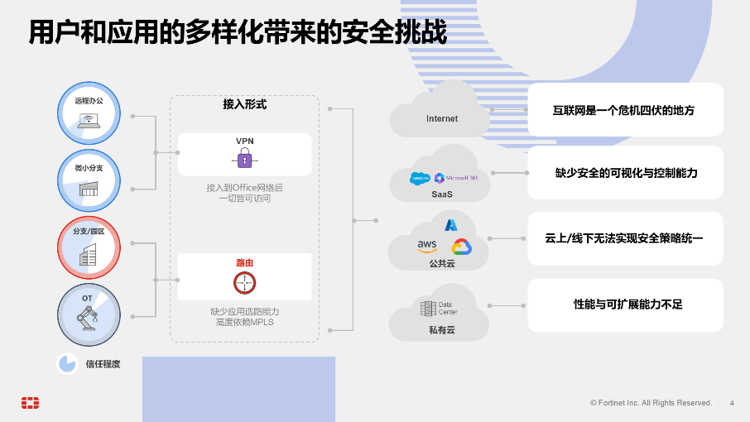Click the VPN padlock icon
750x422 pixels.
[244, 159]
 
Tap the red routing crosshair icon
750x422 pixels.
[244, 282]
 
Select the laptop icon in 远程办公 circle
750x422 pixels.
[89, 121]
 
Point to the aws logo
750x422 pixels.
[427, 246]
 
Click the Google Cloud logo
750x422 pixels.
[461, 247]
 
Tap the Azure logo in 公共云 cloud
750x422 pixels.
[451, 225]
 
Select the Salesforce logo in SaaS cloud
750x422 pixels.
[421, 178]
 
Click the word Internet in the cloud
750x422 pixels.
[442, 119]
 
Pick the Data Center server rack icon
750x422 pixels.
[428, 309]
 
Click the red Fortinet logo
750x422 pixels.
[31, 403]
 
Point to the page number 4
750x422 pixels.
[731, 403]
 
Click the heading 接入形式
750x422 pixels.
[244, 105]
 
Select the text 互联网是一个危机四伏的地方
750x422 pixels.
[623, 109]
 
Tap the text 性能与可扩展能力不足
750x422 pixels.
[627, 305]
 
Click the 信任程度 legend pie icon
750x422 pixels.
[67, 364]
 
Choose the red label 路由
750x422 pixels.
[244, 262]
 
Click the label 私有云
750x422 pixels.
[441, 330]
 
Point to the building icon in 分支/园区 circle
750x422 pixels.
[88, 255]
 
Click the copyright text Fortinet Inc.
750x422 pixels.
[651, 403]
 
